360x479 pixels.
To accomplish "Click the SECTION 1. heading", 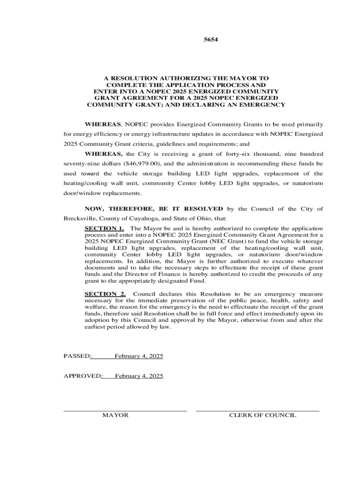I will [x=104, y=228].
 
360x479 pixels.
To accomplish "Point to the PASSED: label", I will [x=78, y=356].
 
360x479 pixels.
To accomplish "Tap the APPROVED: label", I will [x=83, y=376].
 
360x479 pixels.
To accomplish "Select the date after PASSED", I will [x=139, y=356].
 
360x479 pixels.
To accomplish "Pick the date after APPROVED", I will [x=139, y=376].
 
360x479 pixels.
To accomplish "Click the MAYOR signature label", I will [x=115, y=415].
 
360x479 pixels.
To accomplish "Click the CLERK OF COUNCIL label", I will [x=262, y=415].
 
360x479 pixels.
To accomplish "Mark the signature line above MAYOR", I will [x=125, y=411].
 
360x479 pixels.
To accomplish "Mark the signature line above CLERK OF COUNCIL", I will [x=258, y=411].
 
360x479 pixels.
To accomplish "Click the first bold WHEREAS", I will [x=103, y=124].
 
